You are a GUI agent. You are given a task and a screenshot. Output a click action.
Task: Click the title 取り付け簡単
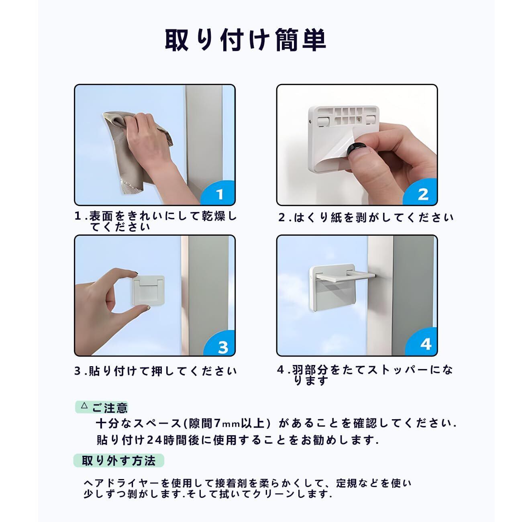click(x=245, y=41)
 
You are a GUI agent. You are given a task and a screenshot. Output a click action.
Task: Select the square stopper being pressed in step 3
click(x=149, y=291)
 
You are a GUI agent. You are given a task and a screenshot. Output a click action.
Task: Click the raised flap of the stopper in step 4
click(x=345, y=276)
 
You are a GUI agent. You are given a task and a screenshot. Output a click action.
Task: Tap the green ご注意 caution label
click(x=101, y=408)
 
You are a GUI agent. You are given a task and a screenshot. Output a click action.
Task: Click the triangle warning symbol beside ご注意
click(x=84, y=406)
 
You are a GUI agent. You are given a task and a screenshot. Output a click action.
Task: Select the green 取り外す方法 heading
click(x=118, y=461)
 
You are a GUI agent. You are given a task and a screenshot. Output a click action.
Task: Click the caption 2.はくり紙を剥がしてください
click(x=366, y=218)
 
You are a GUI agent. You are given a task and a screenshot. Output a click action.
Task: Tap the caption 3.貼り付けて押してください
click(x=155, y=371)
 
